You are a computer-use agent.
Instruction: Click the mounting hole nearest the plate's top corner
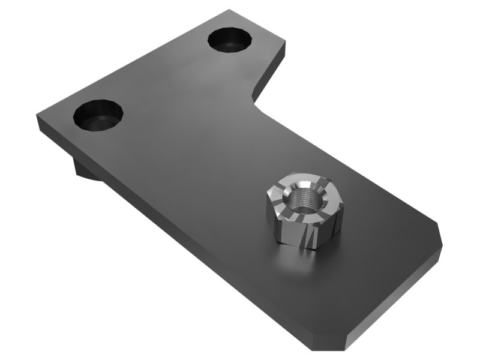click(230, 40)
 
